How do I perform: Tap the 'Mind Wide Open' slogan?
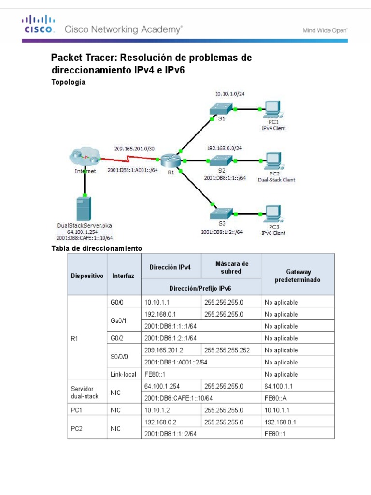point(325,30)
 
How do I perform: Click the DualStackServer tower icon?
point(85,207)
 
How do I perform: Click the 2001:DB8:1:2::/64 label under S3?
point(222,232)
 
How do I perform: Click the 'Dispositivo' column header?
point(87,276)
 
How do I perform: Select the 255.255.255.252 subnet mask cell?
point(227,350)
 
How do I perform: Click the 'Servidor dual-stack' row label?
point(85,392)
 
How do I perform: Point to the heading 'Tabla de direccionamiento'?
point(96,248)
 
